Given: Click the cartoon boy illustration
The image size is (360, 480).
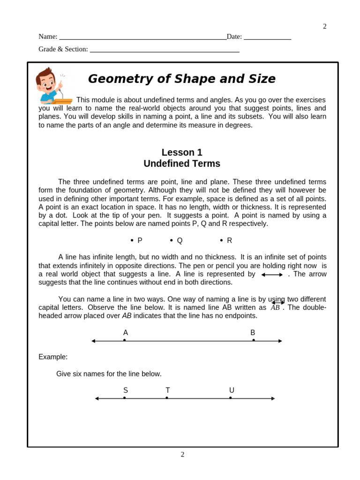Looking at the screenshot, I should click(x=52, y=85).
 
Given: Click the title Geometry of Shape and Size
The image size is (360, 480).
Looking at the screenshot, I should click(x=181, y=79).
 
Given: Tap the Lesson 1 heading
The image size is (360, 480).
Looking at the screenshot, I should click(x=182, y=152).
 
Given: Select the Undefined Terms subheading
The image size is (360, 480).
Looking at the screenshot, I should click(x=182, y=164).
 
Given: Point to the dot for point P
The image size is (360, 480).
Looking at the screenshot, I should click(x=132, y=240).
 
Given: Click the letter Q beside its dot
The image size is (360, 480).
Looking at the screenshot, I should click(x=180, y=240).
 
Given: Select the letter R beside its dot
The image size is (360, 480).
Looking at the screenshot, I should click(x=230, y=240).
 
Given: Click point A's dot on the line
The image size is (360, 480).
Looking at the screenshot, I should click(x=124, y=340).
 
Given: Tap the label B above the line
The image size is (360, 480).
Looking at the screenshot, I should click(x=253, y=333).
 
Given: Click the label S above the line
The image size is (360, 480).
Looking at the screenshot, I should click(x=126, y=390).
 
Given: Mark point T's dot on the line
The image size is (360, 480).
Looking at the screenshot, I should click(x=167, y=398).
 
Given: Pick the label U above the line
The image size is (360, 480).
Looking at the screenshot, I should click(x=232, y=390).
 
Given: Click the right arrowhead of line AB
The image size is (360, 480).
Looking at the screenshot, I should click(x=280, y=341).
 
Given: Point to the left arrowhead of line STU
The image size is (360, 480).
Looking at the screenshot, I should click(x=97, y=398).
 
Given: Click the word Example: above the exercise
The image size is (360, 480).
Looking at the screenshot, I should click(x=53, y=357).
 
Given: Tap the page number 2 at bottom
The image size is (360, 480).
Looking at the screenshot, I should click(x=182, y=454).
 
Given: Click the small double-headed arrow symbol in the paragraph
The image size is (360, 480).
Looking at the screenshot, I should click(x=272, y=275).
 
